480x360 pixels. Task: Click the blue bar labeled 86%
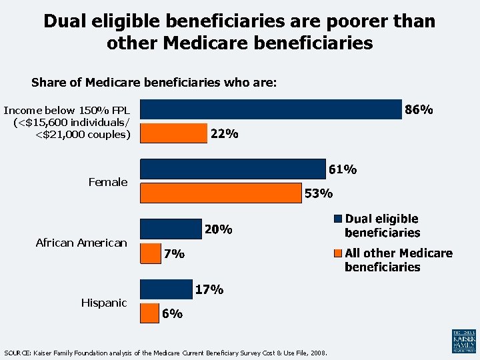pos(271,109)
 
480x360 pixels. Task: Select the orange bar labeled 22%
pos(174,133)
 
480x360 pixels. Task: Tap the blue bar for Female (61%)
pos(233,169)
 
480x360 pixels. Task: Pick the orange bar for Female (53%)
pos(221,193)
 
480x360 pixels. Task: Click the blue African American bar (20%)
pos(171,229)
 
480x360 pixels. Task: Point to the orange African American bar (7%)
pos(151,253)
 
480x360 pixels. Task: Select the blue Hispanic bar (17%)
pos(166,289)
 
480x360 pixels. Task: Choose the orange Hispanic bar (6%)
pos(149,313)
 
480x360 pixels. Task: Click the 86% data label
pos(420,109)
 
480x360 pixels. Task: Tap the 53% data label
pos(318,194)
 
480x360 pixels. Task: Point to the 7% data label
pos(175,254)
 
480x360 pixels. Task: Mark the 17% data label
pos(209,290)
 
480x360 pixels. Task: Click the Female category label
pos(108,182)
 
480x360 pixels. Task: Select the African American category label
pos(81,243)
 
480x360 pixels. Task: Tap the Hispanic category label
pos(104,303)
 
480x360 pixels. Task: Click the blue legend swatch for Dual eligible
pos(338,219)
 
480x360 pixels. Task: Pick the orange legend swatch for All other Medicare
pos(338,253)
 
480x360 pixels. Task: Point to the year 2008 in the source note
pos(317,352)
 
